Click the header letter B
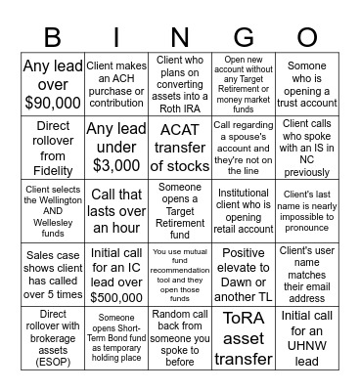tap(53, 37)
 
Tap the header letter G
tap(243, 37)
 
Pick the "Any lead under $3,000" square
tap(116, 147)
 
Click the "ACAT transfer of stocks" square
tap(180, 147)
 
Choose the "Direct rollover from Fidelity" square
tap(53, 147)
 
